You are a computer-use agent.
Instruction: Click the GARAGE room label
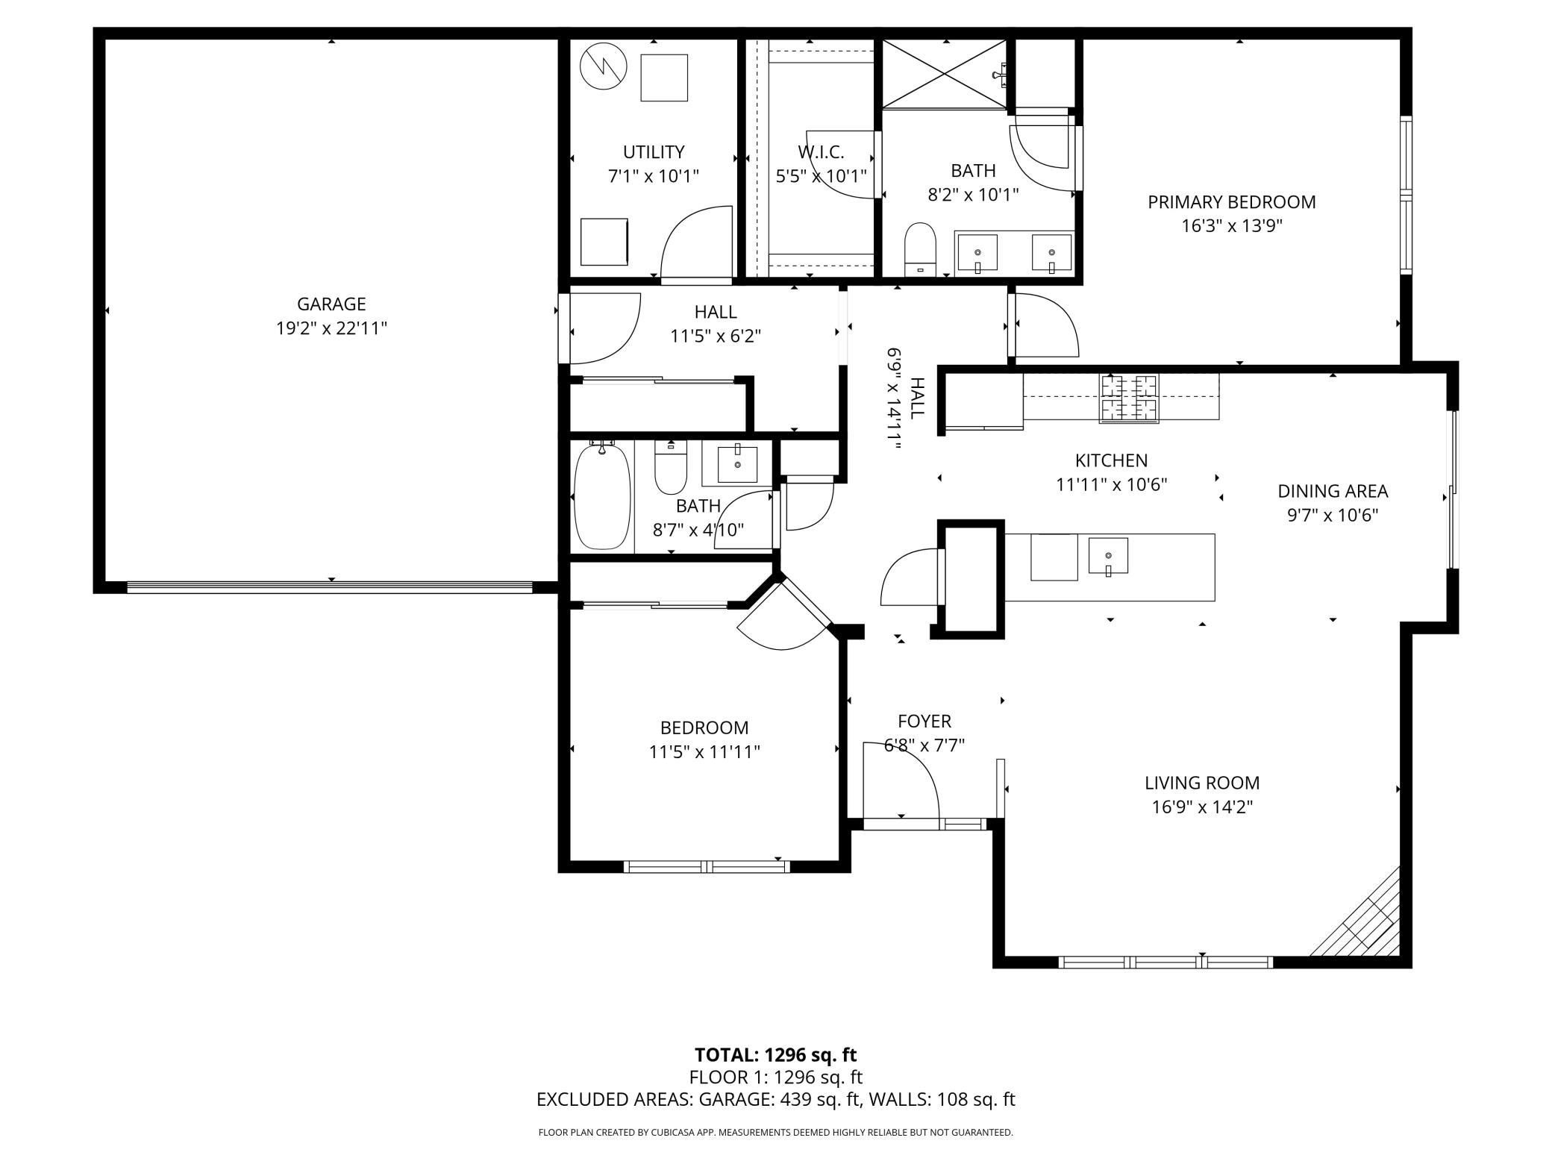click(331, 304)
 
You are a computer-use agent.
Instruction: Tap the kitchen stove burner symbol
click(1128, 398)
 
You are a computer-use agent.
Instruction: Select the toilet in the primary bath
click(920, 249)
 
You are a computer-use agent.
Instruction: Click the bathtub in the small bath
click(602, 496)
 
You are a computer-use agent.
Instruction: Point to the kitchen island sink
click(1108, 556)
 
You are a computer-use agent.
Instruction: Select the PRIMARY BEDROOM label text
click(1231, 201)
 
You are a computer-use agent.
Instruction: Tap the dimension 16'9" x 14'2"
click(1202, 807)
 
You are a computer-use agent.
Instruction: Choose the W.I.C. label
click(821, 152)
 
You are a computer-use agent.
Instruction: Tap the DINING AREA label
click(1333, 491)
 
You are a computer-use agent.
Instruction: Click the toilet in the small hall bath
click(670, 467)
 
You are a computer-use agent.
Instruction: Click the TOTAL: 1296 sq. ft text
click(776, 1054)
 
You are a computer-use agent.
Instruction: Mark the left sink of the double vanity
click(977, 253)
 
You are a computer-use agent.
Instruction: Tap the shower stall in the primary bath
click(945, 74)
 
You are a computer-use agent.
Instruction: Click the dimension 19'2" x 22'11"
click(331, 328)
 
